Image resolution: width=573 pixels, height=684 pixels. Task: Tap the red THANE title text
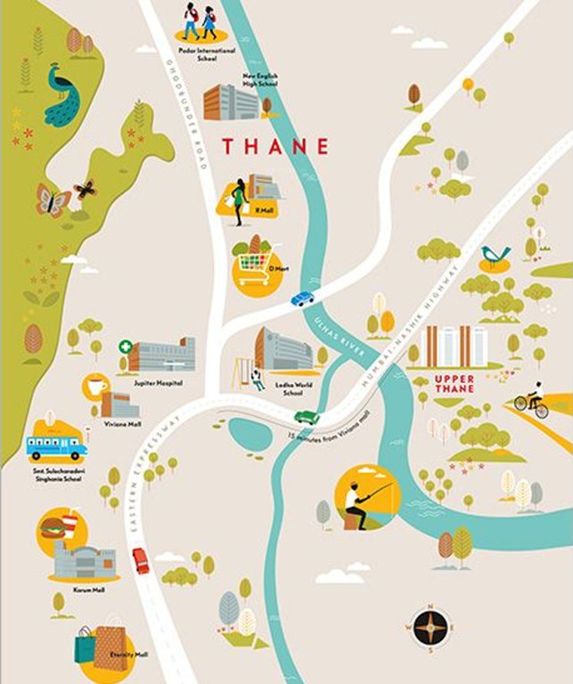tap(274, 146)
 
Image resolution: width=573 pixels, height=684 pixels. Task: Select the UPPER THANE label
tap(454, 383)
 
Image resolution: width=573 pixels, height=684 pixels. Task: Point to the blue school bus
tap(54, 445)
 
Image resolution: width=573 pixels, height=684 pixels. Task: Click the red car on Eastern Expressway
tap(141, 560)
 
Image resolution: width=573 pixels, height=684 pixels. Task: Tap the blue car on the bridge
tap(303, 299)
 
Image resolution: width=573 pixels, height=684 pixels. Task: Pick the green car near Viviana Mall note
tap(307, 416)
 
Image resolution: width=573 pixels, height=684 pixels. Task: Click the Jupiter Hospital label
tap(158, 383)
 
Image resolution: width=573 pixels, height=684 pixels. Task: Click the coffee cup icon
tap(96, 387)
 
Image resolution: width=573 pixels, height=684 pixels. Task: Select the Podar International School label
tap(202, 53)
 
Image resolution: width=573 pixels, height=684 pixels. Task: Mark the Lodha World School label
tap(272, 385)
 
